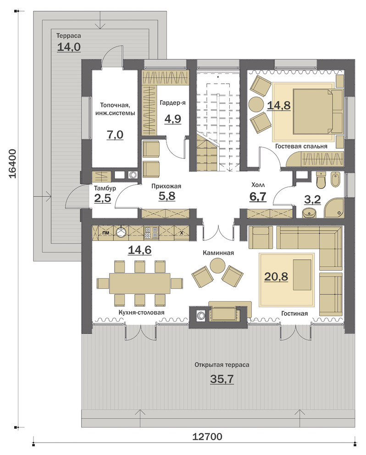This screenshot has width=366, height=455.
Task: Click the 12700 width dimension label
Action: [207, 436]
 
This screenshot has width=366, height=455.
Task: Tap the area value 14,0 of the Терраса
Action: [69, 47]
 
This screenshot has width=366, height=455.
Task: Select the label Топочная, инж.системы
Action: [115, 109]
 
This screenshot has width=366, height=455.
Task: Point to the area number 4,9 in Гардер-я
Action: [173, 119]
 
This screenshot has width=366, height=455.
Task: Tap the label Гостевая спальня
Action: [301, 146]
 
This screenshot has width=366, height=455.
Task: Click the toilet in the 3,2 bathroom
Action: [322, 179]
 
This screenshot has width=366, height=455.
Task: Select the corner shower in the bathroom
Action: [334, 208]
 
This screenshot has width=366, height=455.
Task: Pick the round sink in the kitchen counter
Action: [121, 232]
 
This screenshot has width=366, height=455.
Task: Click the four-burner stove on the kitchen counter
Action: [151, 233]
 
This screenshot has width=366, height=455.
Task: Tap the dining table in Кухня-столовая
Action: [139, 283]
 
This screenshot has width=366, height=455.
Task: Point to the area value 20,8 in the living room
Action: [276, 276]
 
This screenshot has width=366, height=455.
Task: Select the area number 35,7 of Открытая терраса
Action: [222, 379]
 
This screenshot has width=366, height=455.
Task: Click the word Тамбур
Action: [105, 188]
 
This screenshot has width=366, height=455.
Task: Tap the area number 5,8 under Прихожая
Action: [167, 196]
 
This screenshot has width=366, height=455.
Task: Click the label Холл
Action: [258, 185]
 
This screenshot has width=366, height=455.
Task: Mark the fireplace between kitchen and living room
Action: [218, 317]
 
